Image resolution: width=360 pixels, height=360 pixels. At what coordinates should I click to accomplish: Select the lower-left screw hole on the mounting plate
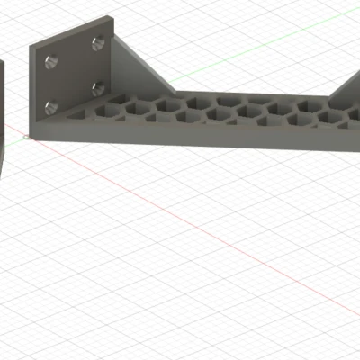(x=50, y=107)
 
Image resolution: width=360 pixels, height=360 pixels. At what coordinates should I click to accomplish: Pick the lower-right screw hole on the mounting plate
(x=95, y=87)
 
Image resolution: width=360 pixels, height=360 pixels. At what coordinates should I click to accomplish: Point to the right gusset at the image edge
(x=346, y=90)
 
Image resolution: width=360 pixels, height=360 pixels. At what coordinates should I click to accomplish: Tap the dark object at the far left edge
(x=3, y=108)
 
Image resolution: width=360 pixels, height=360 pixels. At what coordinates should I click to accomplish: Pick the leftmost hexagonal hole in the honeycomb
(x=90, y=112)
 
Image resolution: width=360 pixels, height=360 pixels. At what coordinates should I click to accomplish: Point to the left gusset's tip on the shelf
(x=173, y=90)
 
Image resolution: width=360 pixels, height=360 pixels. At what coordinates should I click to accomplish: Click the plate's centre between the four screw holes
(x=74, y=75)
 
